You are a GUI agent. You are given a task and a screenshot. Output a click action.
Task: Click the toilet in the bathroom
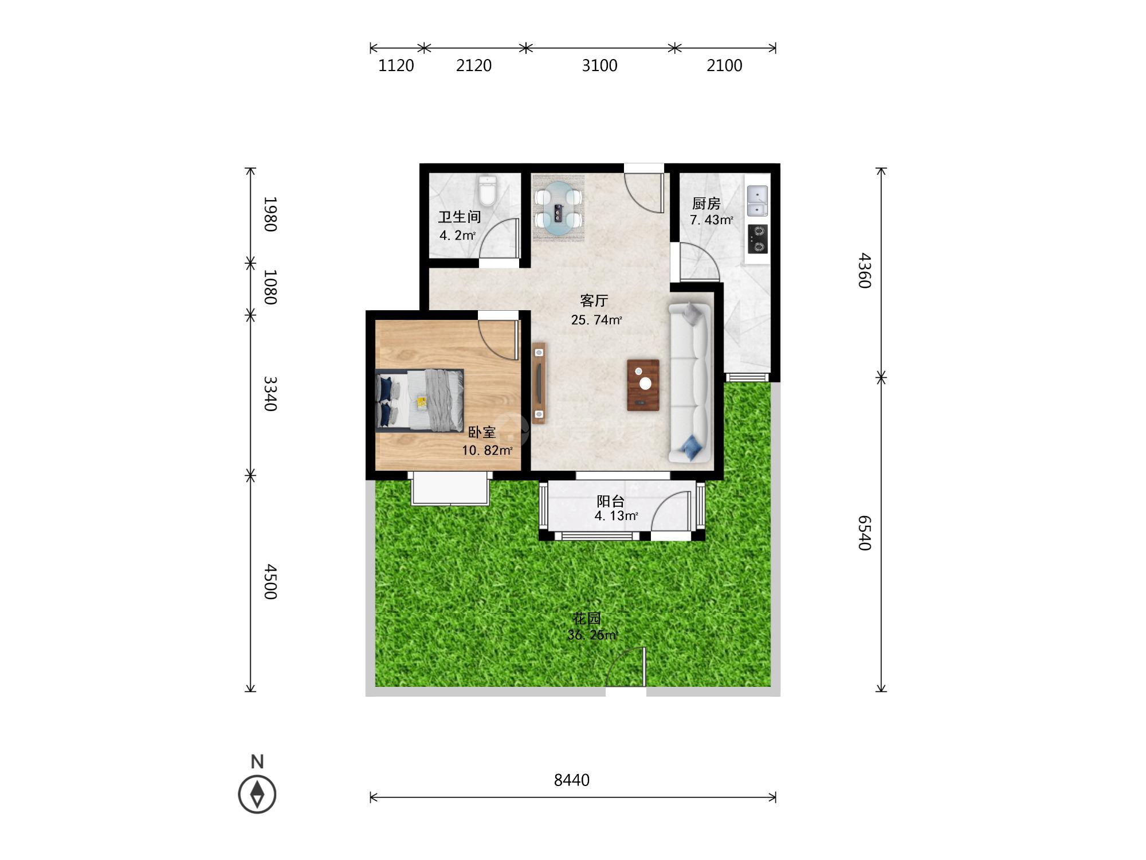pyautogui.click(x=487, y=191)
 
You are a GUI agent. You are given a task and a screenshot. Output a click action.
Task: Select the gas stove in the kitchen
pyautogui.click(x=758, y=239)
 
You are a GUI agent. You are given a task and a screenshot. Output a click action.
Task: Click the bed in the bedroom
pyautogui.click(x=419, y=400)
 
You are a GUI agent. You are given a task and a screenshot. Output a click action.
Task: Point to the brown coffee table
pyautogui.click(x=643, y=385)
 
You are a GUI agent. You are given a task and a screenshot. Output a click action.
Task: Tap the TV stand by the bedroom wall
pyautogui.click(x=539, y=383)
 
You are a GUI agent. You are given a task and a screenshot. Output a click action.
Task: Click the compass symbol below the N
pyautogui.click(x=257, y=795)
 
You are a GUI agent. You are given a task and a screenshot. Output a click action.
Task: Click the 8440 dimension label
pyautogui.click(x=572, y=780)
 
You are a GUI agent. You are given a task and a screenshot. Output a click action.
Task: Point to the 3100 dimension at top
pyautogui.click(x=599, y=65)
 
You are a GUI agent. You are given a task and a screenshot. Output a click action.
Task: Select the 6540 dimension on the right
pyautogui.click(x=865, y=533)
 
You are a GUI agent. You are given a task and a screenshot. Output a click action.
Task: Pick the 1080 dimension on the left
pyautogui.click(x=270, y=287)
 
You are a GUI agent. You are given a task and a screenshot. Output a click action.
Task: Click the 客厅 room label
pyautogui.click(x=594, y=300)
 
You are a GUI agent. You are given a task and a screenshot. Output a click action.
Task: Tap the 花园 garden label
pyautogui.click(x=587, y=618)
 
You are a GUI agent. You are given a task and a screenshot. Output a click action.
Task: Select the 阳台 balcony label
pyautogui.click(x=611, y=501)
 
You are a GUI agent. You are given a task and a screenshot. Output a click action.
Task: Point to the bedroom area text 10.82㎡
pyautogui.click(x=487, y=450)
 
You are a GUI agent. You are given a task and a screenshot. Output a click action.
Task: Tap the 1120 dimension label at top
pyautogui.click(x=396, y=65)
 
